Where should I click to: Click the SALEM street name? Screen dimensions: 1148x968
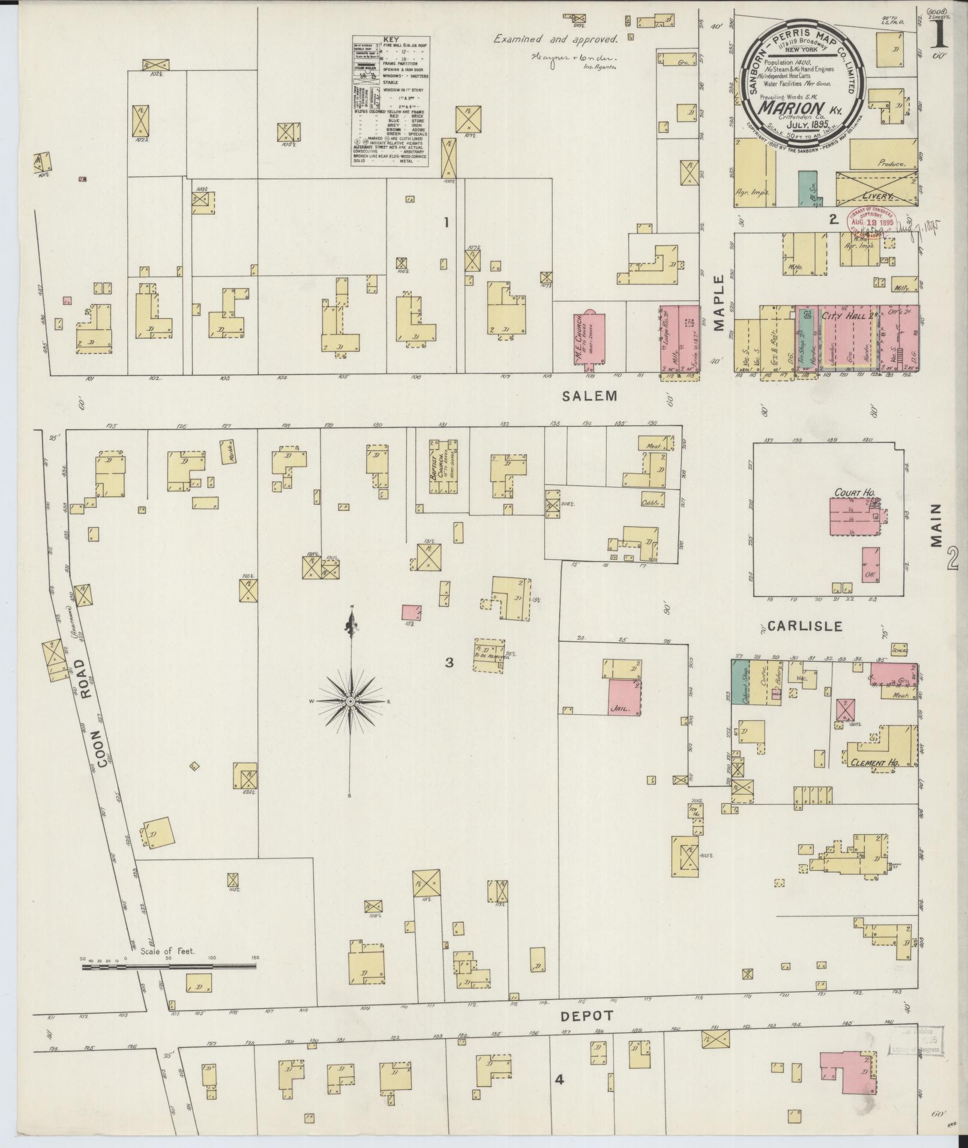[589, 395]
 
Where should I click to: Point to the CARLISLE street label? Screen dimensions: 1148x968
[804, 626]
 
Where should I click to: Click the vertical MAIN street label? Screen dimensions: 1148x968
[937, 525]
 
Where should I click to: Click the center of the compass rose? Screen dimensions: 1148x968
[350, 701]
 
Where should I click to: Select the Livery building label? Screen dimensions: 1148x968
[877, 196]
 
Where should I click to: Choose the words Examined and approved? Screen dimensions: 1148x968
[555, 39]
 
